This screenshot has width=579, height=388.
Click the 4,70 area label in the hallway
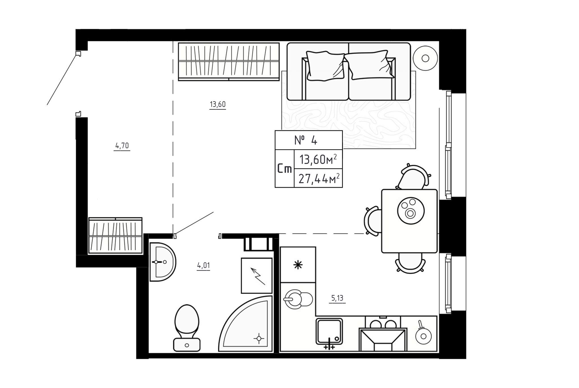122,146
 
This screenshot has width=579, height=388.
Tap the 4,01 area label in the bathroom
203,266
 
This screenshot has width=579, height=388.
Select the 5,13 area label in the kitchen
337,298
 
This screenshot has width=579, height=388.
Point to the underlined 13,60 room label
218,104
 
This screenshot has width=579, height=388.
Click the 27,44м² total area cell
319,178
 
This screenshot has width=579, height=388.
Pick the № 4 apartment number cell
309,140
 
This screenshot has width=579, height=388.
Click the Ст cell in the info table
284,169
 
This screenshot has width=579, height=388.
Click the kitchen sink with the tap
329,332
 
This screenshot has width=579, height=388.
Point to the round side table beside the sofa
425,58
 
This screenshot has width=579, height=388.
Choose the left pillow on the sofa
326,66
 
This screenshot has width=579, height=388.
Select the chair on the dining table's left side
373,221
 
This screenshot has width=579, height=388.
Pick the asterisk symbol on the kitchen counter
298,265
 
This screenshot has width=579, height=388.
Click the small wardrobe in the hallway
115,236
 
